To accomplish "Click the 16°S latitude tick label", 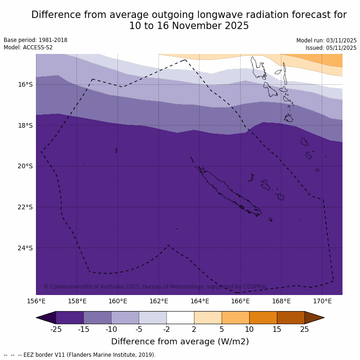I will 25,84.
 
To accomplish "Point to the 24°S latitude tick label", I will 25,248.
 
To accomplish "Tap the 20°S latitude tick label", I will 25,166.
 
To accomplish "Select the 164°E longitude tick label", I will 200,301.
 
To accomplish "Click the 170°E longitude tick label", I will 322,301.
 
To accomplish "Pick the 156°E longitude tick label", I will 36,301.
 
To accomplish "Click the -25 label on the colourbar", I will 56,329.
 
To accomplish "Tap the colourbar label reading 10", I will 249,329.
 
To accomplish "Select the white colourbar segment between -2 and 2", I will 180,318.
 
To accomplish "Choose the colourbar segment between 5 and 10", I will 236,318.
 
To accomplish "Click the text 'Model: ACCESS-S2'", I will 28,47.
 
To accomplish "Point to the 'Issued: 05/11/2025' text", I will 331,48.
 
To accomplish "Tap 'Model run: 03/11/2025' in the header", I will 326,41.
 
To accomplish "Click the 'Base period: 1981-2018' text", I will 35,40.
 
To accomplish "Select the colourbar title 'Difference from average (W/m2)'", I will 180,342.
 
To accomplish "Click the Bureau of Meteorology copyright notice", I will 155,287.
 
